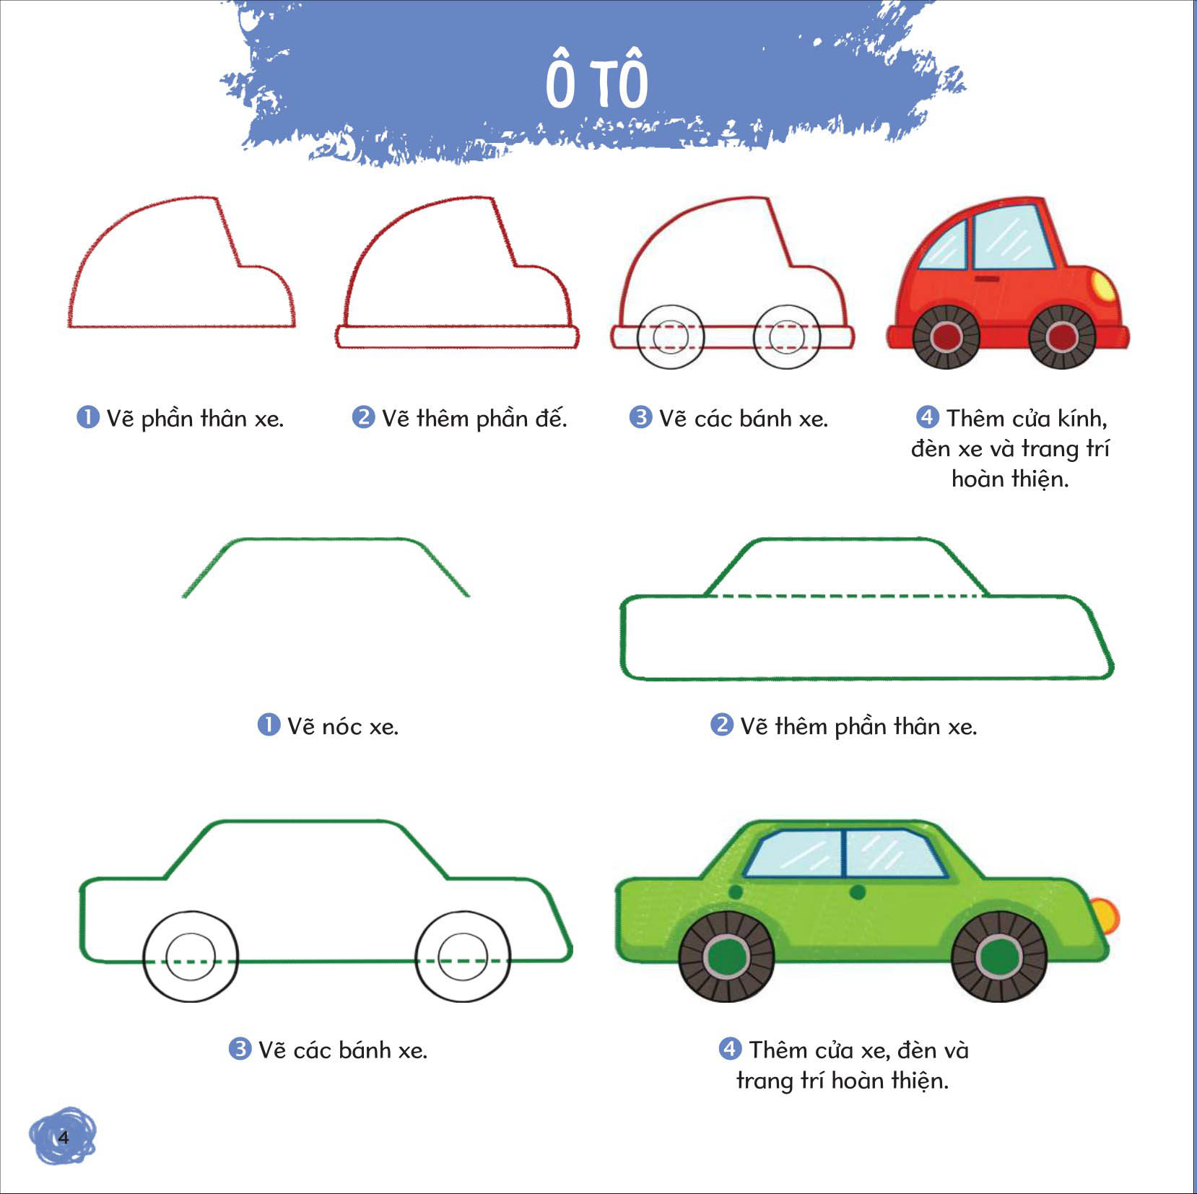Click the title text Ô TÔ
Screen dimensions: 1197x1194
[597, 79]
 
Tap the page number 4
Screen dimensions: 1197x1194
[64, 1138]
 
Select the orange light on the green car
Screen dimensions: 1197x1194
[1105, 915]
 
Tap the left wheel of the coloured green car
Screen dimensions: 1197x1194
[726, 956]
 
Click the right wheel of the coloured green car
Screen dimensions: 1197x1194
[999, 956]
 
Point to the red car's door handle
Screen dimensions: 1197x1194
[987, 279]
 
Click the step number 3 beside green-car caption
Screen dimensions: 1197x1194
[240, 1048]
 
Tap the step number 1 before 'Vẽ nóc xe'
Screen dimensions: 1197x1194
[269, 724]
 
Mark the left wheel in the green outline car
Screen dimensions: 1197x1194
[191, 956]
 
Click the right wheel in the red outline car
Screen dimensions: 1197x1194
[787, 336]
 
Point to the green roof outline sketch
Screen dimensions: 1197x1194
[326, 539]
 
